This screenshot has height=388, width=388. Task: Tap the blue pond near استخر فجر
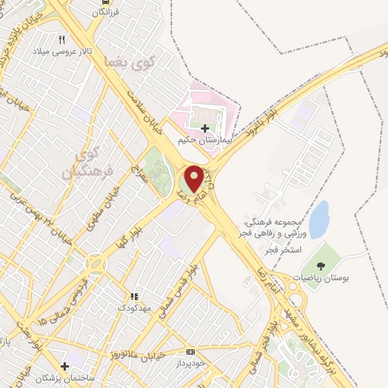point(320,219)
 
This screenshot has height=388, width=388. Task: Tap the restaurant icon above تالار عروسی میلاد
point(63,39)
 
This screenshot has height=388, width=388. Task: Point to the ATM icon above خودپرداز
point(190,352)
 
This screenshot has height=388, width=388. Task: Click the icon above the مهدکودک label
point(135,296)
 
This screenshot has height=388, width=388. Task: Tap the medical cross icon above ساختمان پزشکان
point(64,366)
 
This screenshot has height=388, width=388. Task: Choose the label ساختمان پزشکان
point(58,377)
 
